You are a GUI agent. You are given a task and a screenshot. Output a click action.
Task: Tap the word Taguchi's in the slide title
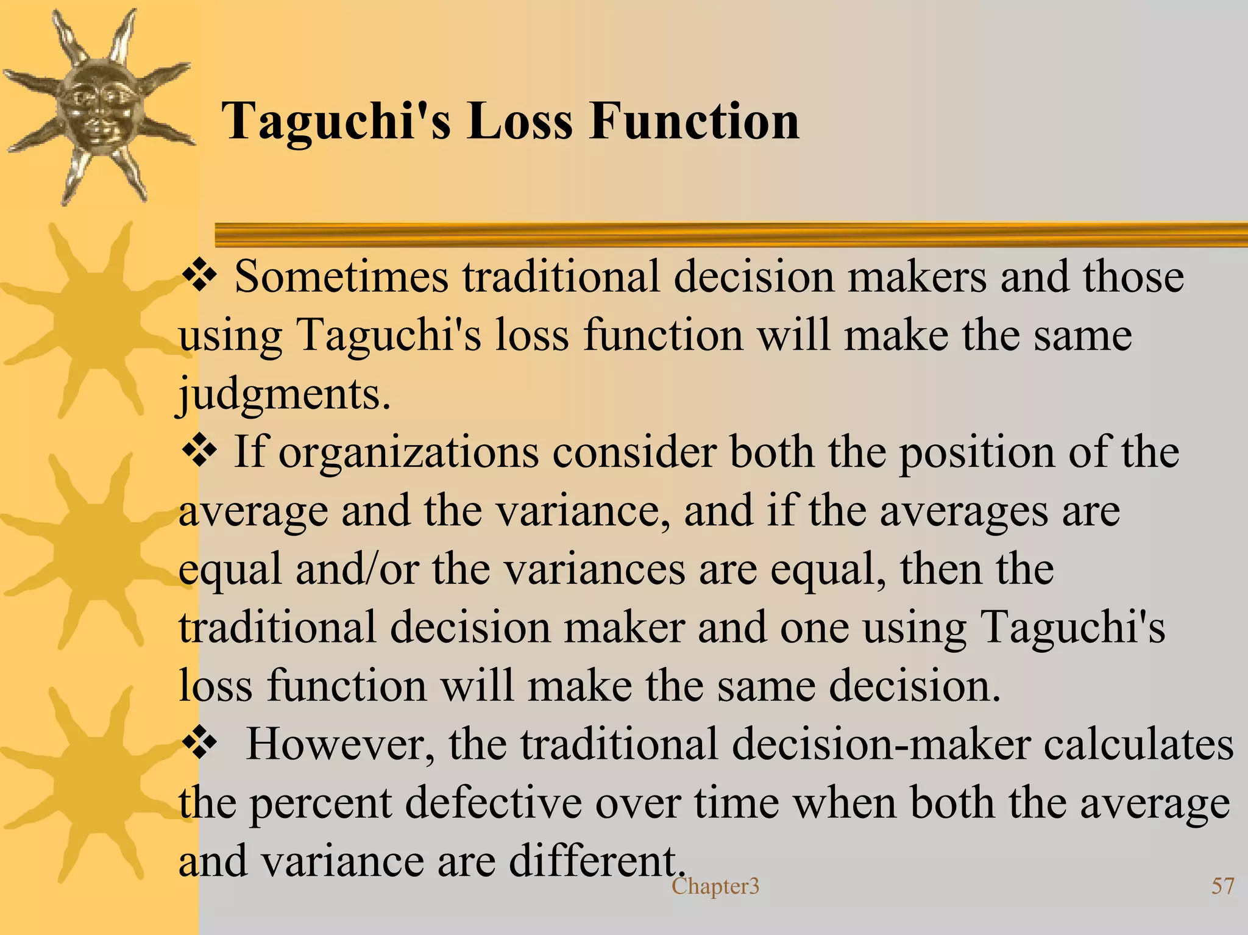[x=336, y=122]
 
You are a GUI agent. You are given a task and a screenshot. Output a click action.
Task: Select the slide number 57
[x=1222, y=886]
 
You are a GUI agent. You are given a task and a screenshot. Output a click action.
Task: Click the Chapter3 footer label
[x=715, y=886]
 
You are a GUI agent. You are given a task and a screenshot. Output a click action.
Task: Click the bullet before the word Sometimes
[x=199, y=276]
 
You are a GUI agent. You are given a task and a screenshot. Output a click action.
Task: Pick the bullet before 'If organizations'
[x=199, y=452]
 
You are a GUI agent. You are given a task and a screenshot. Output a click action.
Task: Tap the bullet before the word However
[x=199, y=743]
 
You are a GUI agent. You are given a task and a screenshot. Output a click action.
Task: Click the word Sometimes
[x=341, y=277]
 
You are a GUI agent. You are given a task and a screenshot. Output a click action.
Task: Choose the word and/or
[x=358, y=569]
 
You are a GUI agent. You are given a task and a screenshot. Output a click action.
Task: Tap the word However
[x=340, y=745]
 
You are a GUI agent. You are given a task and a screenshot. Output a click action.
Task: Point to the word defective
[x=493, y=803]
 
